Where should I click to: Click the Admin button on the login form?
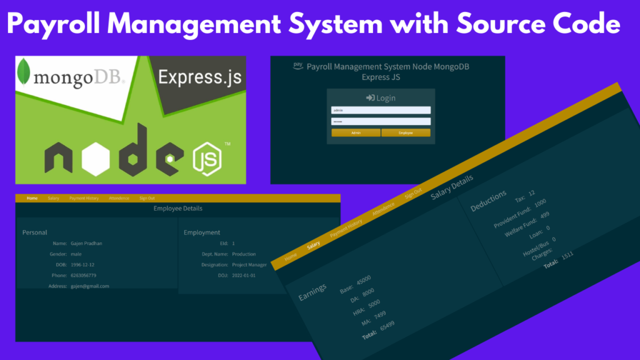point(356,132)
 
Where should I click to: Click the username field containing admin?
point(381,110)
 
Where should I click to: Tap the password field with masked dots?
point(381,121)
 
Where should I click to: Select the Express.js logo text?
point(199,77)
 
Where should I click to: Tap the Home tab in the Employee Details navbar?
point(32,198)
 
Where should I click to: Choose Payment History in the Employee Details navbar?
point(84,198)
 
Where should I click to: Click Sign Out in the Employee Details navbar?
point(147,198)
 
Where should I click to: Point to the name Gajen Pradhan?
point(87,243)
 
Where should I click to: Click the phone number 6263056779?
point(84,275)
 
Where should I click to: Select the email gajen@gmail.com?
point(90,286)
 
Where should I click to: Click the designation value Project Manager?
point(249,264)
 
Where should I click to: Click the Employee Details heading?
point(177,208)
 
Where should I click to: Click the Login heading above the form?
point(381,98)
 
